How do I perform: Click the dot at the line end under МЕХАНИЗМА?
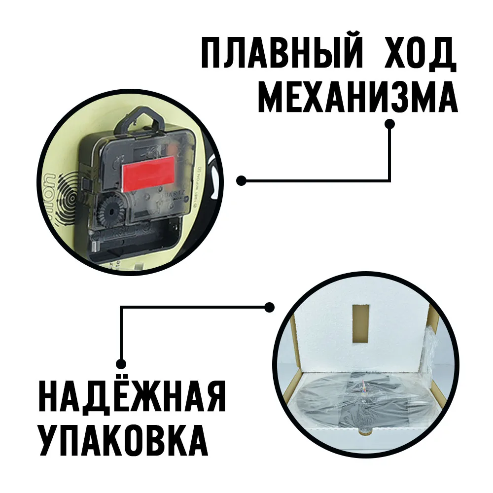(390, 125)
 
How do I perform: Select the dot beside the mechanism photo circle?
(241, 181)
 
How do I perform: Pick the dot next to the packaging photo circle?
(269, 307)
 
